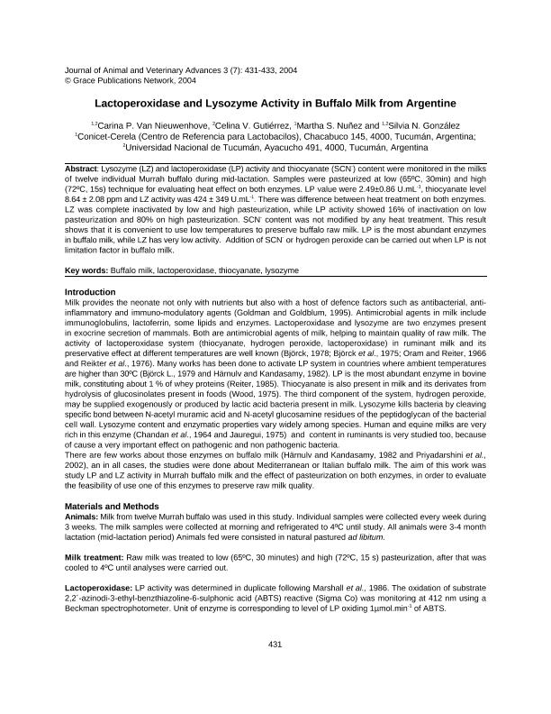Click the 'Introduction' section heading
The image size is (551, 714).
coord(90,292)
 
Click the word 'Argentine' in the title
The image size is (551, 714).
coord(431,104)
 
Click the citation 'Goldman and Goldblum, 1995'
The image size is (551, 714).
coord(328,312)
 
